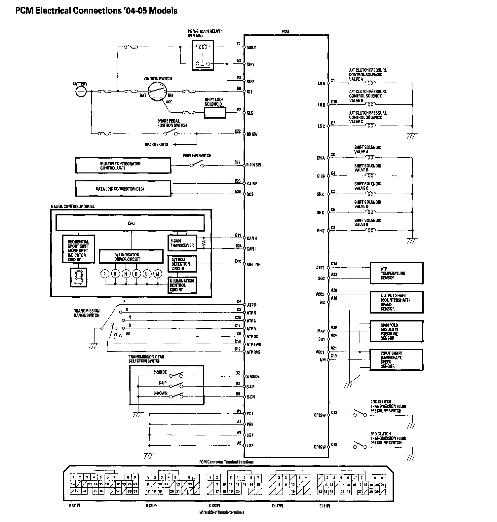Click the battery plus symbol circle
(81, 92)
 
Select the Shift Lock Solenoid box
(215, 113)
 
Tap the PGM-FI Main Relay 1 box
(203, 55)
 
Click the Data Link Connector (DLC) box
(123, 189)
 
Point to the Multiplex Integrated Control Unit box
(123, 166)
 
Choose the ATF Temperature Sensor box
(396, 273)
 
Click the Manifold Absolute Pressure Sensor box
(396, 331)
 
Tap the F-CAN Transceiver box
(182, 243)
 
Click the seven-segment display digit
(79, 277)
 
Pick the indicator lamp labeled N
(126, 274)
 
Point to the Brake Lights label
(156, 144)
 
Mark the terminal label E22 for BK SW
(238, 131)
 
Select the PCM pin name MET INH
(253, 264)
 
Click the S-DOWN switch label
(160, 393)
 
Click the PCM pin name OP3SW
(320, 447)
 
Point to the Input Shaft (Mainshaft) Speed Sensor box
(396, 360)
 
